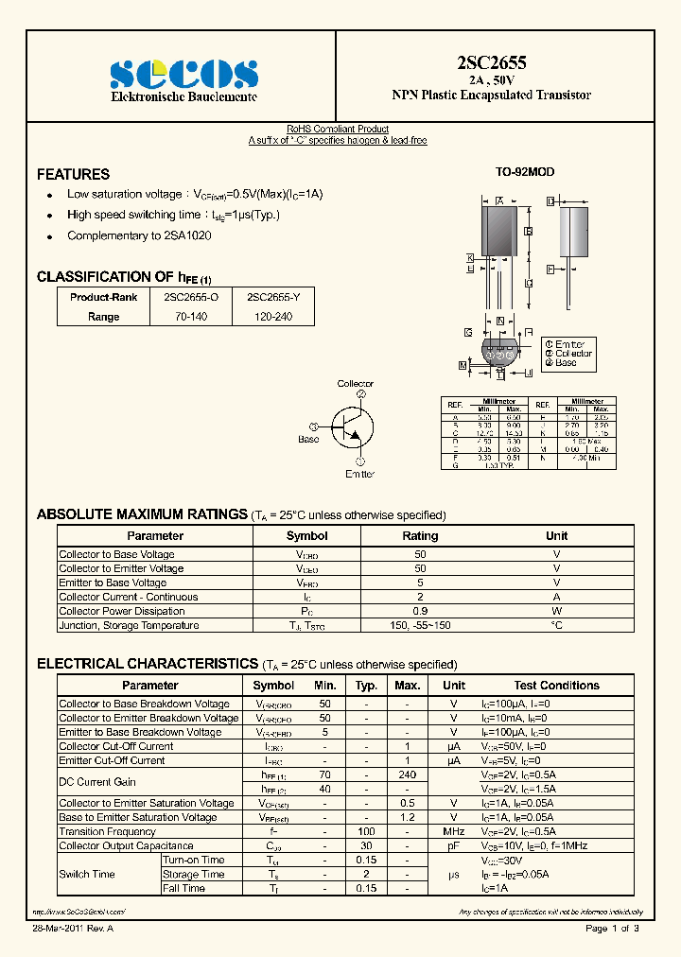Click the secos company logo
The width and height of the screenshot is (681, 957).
[x=183, y=73]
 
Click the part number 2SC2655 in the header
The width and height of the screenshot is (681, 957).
[x=491, y=63]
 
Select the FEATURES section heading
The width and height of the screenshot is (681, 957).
[x=73, y=174]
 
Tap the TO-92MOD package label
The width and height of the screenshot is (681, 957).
[x=525, y=172]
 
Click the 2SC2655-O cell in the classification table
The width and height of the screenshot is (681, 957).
[x=191, y=297]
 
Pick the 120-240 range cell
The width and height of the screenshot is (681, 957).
[x=273, y=317]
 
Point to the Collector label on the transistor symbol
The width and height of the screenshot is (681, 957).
[x=356, y=384]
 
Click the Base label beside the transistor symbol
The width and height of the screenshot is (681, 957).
[x=308, y=439]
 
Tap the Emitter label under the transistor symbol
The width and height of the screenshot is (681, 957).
[x=359, y=474]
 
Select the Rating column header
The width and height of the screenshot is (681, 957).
[x=420, y=536]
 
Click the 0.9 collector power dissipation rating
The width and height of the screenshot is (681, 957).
[x=420, y=611]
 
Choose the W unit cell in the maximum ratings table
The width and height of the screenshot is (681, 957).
[x=556, y=611]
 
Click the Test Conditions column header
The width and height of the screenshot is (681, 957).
[x=556, y=686]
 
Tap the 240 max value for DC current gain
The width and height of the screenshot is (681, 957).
[x=407, y=775]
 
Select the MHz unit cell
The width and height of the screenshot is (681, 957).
[x=454, y=831]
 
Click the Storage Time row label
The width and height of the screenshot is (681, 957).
[x=193, y=874]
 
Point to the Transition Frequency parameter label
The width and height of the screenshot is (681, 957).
[x=107, y=831]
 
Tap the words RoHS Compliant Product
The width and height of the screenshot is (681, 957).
[x=338, y=130]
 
